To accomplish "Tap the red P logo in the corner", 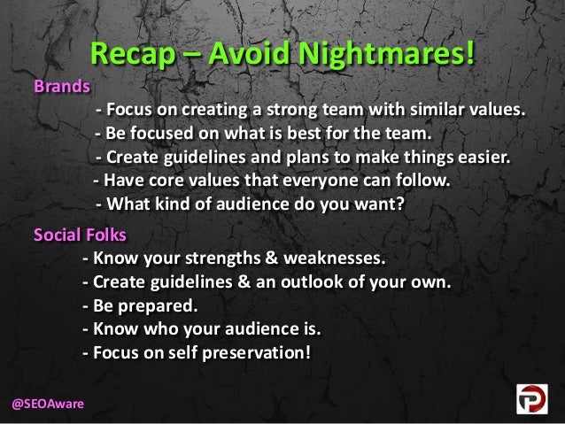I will pos(534,399).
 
